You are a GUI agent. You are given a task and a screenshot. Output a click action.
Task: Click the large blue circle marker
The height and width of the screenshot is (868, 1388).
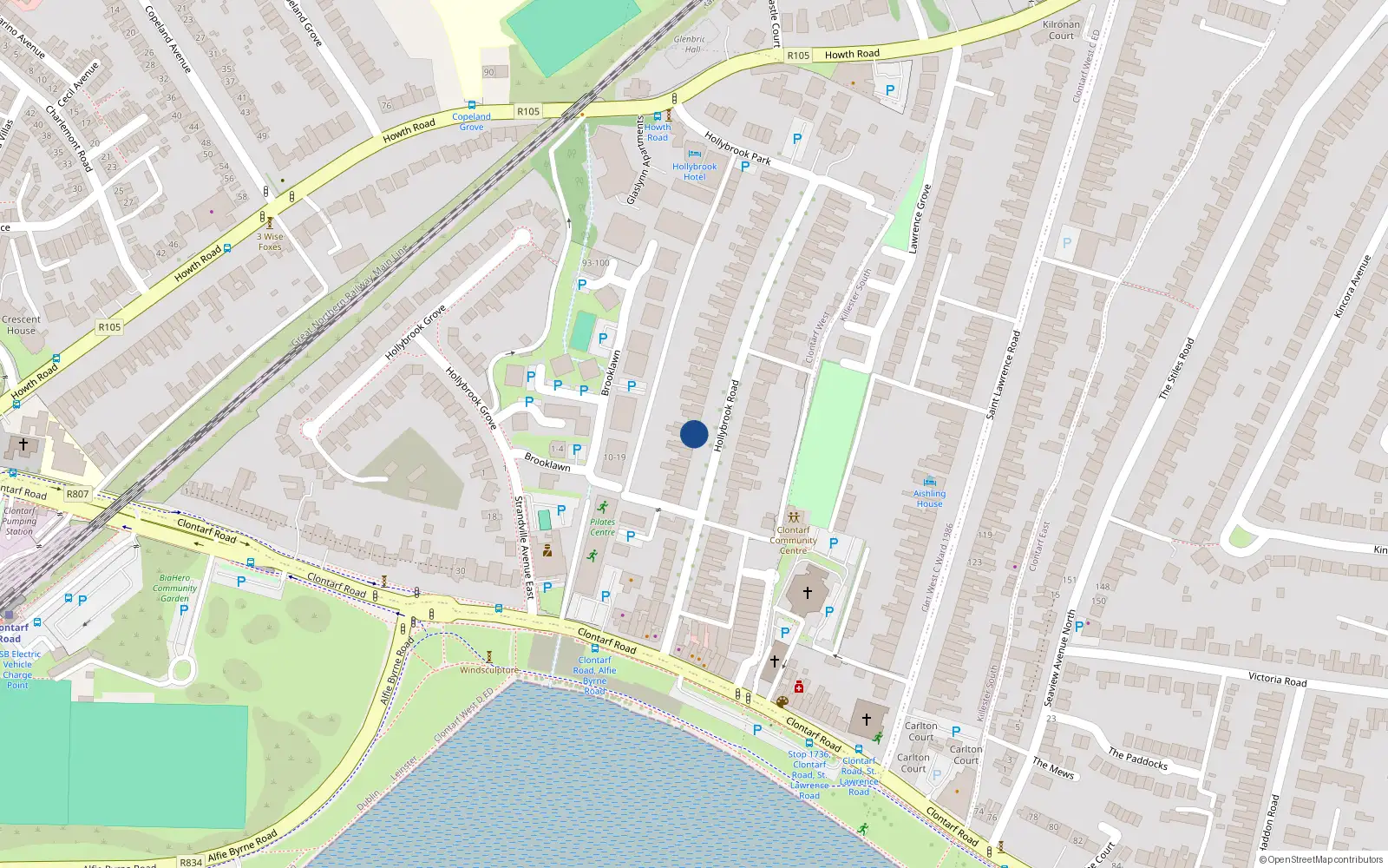click(x=694, y=434)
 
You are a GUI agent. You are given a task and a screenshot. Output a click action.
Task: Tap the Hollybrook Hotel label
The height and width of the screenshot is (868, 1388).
click(x=694, y=171)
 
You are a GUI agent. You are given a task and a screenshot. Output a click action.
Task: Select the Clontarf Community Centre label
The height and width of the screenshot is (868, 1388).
click(x=793, y=540)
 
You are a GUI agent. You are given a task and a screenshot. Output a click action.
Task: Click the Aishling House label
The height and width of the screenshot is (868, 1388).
click(x=929, y=498)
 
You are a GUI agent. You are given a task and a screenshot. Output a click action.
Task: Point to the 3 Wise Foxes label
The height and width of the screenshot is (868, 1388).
click(x=270, y=241)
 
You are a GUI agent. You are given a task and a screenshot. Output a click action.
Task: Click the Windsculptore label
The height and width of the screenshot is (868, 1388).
click(x=488, y=670)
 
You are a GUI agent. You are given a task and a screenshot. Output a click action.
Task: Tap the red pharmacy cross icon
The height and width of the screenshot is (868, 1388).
click(x=799, y=687)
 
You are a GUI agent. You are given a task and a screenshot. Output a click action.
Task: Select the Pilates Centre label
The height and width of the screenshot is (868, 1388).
click(x=602, y=527)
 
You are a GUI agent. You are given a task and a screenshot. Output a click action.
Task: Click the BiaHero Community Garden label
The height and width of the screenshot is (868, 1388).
click(x=175, y=588)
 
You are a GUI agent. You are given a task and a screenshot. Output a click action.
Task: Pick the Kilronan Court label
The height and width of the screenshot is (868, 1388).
click(x=1061, y=30)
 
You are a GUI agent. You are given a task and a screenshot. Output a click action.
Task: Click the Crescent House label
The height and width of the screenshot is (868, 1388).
click(x=22, y=325)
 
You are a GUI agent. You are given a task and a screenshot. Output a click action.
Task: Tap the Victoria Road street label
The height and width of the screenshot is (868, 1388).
click(x=1277, y=679)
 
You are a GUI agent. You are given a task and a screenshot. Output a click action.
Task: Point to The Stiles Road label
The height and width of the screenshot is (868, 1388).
click(x=1176, y=368)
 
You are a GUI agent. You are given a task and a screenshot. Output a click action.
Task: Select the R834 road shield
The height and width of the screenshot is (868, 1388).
click(x=191, y=862)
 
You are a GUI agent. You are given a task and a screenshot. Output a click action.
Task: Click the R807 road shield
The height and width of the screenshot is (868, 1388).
click(x=77, y=494)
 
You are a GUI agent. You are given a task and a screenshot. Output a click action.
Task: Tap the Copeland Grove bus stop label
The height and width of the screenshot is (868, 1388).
click(x=471, y=122)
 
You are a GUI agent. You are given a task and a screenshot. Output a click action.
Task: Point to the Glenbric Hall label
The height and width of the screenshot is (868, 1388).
click(x=689, y=44)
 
